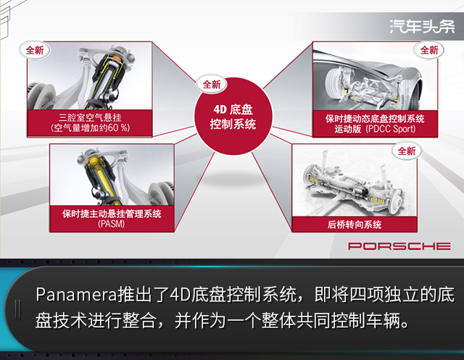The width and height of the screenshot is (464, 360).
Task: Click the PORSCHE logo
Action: tap(399, 246)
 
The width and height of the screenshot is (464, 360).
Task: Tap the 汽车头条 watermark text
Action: tap(422, 27)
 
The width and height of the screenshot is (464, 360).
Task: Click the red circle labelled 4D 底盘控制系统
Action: tap(233, 116)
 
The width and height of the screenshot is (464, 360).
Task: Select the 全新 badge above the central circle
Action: tap(212, 85)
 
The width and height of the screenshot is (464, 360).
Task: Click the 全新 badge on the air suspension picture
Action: tap(35, 50)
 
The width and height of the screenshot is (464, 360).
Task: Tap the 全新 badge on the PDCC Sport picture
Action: tap(429, 50)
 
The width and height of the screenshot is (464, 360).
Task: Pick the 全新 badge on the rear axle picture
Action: tap(407, 151)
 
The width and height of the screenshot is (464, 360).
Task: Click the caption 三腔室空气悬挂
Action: tap(90, 117)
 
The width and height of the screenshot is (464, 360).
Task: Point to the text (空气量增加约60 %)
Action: tap(90, 128)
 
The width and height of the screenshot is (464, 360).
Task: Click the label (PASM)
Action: tap(111, 224)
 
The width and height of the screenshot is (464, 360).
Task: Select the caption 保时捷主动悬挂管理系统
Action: tap(112, 214)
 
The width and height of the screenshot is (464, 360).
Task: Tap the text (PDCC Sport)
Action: tap(391, 129)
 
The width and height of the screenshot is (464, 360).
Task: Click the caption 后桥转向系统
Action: tap(355, 225)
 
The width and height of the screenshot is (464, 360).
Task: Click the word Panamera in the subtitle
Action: tap(76, 295)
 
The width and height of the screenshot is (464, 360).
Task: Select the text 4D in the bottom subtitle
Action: tap(181, 294)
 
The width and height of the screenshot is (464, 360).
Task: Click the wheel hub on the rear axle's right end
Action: tap(397, 198)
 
